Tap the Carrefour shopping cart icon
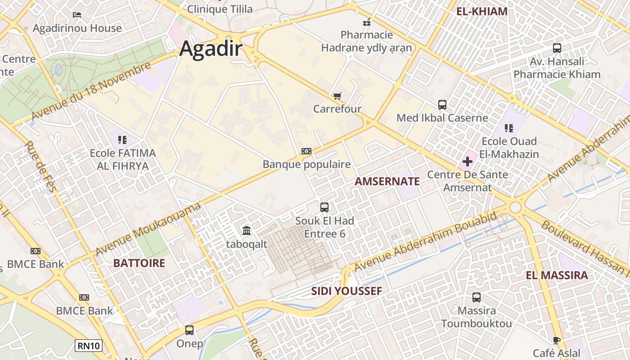337,96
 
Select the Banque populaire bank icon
306,151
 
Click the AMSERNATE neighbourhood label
387,181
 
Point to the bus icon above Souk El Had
324,207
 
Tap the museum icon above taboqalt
247,231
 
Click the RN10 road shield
89,346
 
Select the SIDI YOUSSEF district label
346,291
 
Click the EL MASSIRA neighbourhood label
557,275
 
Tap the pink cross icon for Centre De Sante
468,161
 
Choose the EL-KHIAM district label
482,12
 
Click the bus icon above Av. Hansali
557,48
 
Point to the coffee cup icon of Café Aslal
557,340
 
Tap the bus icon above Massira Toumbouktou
476,297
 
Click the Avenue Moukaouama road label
148,229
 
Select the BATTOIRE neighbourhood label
139,263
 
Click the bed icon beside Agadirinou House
77,14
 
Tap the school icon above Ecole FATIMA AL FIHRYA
122,140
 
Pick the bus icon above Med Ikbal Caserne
442,105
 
